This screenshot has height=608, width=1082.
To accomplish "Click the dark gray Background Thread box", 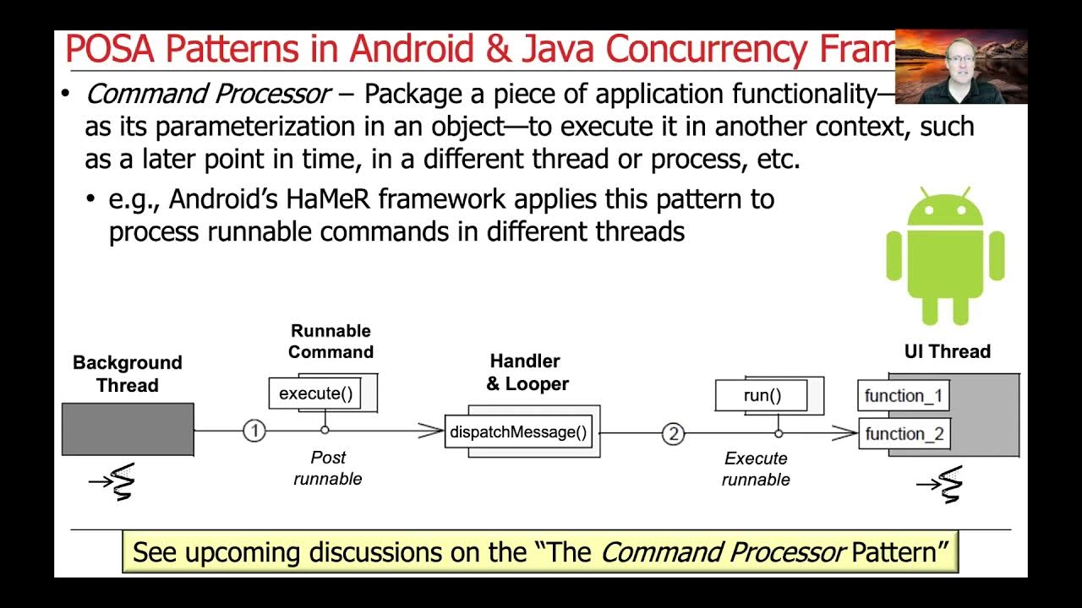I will point(128,429).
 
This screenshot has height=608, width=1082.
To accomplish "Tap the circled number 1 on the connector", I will point(254,431).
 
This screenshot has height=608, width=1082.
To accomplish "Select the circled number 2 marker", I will point(673,434).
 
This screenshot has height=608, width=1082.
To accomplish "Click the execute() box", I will point(315,394).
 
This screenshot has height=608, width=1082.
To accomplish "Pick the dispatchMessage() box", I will point(518,432).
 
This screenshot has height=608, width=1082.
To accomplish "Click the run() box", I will point(762,395).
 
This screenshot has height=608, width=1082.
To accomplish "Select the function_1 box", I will point(904,396).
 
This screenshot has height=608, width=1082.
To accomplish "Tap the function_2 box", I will point(904,434).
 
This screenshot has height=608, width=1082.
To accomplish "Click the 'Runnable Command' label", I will point(331,341).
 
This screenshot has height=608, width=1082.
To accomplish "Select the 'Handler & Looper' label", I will point(527,372).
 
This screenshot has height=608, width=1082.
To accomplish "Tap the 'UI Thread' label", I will point(947,351).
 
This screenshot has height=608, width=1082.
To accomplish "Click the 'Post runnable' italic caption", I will point(328,468).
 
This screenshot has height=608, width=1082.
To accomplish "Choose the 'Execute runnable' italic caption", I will point(756,469).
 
